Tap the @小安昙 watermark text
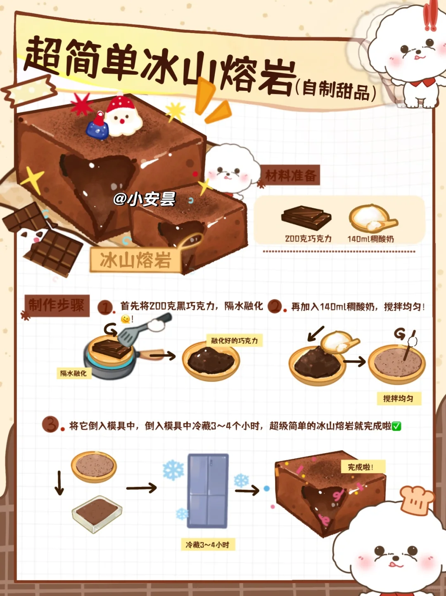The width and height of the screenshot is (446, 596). click(x=145, y=199)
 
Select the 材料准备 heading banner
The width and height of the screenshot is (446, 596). click(x=290, y=175)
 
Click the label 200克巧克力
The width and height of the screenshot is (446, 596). click(x=308, y=239)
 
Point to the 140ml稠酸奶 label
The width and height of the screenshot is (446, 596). click(x=370, y=239)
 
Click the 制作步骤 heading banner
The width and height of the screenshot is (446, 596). click(x=57, y=306)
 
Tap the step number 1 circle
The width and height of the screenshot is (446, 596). click(x=105, y=308)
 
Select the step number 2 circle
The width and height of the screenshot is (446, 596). click(x=275, y=306)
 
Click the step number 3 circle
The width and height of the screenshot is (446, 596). click(x=50, y=424)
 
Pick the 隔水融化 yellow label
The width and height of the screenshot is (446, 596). click(x=74, y=373)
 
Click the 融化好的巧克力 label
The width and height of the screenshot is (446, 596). click(x=235, y=340)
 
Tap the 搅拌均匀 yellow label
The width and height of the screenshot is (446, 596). click(x=399, y=399)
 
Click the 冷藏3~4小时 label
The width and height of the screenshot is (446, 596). click(x=208, y=545)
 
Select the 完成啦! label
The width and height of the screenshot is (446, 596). click(x=363, y=467)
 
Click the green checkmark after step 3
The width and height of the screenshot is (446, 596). click(x=396, y=426)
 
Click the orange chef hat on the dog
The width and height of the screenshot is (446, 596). click(x=418, y=500)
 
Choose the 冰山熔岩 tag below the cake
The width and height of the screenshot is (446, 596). click(x=135, y=260)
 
